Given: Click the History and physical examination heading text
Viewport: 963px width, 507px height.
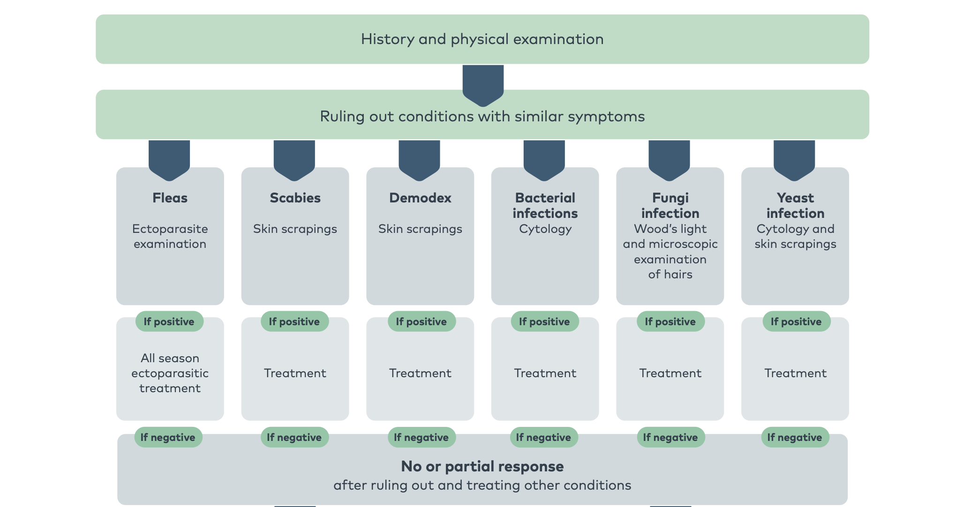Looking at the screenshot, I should tap(482, 39).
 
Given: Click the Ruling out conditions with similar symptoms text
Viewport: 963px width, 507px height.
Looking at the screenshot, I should tap(482, 116).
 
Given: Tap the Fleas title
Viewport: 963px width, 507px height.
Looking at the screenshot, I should tap(170, 198).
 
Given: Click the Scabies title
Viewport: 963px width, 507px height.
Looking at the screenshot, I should tap(295, 198).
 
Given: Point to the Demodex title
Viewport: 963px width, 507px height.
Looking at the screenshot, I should tap(420, 198).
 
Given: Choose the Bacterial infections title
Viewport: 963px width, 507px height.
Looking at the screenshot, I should tap(545, 205).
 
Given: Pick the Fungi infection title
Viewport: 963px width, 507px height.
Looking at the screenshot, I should tap(670, 205).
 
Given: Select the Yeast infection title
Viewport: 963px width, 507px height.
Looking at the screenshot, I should tap(795, 205).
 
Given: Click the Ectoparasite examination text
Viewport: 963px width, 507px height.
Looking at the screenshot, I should tap(170, 236).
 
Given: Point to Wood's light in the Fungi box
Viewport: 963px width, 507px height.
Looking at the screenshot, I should tap(670, 229).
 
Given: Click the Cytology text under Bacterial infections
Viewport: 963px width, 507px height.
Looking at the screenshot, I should tap(545, 229).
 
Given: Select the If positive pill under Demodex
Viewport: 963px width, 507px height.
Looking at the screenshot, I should tap(421, 321).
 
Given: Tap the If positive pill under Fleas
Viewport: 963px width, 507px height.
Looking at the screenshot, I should tap(169, 321).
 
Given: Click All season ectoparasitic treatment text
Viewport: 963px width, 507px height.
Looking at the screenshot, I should tap(170, 373).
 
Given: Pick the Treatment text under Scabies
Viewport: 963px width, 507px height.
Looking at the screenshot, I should tap(295, 373).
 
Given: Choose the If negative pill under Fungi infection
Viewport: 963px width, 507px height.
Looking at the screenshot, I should tap(670, 437).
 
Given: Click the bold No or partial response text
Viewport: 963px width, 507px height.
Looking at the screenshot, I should tap(482, 466).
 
